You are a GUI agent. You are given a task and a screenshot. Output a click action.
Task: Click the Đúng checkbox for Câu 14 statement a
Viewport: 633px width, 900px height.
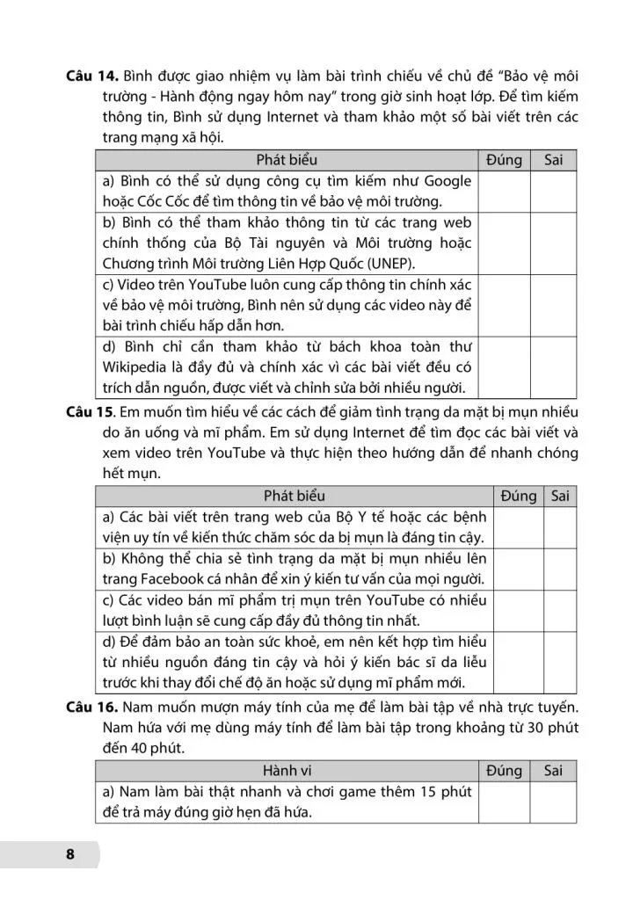505,191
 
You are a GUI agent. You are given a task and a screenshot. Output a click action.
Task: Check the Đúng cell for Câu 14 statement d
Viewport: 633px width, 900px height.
505,367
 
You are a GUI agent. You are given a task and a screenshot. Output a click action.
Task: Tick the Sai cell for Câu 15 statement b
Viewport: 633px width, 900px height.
560,568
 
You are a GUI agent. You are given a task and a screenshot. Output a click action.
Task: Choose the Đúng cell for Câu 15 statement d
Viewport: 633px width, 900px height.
519,662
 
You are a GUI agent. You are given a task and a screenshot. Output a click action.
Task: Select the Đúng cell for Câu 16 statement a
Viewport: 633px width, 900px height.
505,802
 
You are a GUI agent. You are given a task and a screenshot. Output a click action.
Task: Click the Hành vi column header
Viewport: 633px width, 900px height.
286,771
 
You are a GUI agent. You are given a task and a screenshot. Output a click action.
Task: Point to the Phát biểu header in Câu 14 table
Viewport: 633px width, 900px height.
287,160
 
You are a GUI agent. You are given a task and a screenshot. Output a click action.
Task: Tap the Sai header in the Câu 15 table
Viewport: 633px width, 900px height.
560,496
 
